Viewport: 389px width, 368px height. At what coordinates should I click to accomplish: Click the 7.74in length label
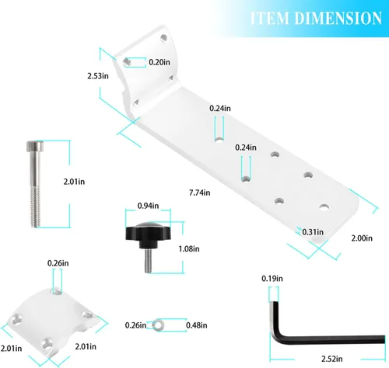(199, 193)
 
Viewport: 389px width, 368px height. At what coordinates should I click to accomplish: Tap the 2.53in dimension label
(98, 76)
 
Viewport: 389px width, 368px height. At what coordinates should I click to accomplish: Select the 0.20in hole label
(159, 62)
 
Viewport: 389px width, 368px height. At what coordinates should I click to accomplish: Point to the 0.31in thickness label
(313, 232)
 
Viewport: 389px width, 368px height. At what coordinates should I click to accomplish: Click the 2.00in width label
(362, 238)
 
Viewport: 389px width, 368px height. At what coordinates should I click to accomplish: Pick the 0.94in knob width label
(148, 206)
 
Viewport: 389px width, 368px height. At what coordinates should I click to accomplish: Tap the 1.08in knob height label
(189, 249)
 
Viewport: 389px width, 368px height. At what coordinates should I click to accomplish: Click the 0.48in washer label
(197, 325)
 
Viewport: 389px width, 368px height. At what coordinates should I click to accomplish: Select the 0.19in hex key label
(272, 279)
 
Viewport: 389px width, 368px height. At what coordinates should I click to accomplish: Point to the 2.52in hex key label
(332, 359)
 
